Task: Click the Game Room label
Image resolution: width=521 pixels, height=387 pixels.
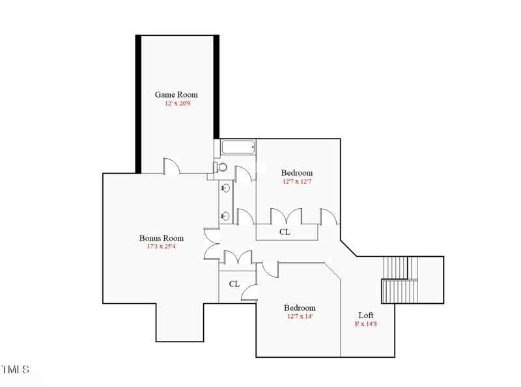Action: coord(176,94)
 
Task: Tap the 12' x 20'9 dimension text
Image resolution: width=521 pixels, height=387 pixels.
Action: coord(177,103)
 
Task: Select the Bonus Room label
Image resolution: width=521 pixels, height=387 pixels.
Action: coord(161,238)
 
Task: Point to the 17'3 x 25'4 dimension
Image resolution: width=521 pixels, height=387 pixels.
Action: coord(161,247)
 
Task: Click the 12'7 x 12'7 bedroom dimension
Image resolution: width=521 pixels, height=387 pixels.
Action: coord(296,182)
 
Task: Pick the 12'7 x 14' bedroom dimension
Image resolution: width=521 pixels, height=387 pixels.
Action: coord(300,317)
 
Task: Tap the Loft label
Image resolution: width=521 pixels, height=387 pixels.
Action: coord(366,315)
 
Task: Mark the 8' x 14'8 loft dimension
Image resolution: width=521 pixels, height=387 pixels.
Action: coord(366,324)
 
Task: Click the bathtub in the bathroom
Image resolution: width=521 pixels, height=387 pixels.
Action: coord(238,147)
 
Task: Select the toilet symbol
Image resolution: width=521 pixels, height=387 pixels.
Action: coord(221,167)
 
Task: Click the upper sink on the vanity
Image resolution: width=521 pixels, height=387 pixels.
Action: coord(226,189)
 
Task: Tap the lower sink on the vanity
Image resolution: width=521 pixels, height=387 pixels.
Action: coord(226,216)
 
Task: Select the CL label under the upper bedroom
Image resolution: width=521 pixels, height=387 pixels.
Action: coord(285,232)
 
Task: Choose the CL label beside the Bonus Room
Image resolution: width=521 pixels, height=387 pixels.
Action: coord(234,284)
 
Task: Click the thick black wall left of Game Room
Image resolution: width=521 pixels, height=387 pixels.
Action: coord(138,104)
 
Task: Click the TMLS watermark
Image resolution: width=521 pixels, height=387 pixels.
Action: coord(15,370)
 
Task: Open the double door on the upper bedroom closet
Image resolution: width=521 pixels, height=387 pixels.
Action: coord(287,217)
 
